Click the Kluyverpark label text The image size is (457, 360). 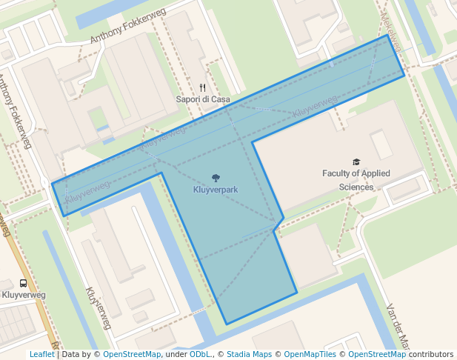pos(216,190)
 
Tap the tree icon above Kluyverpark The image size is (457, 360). pos(216,178)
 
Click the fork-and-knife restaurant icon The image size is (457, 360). pos(202,87)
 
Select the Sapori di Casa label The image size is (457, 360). pos(202,99)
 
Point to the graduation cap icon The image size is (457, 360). pos(356,161)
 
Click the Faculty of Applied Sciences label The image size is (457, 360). pos(356,180)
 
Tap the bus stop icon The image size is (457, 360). pos(24,283)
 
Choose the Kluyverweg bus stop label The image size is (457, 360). pos(24,295)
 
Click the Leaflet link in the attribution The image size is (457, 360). pos(41,354)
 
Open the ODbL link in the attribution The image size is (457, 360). pos(200,354)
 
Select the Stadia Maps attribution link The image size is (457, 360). pos(249,354)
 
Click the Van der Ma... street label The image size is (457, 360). pos(397,326)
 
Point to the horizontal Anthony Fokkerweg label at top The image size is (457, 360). pos(127,29)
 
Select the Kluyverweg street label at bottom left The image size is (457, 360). pos(99,308)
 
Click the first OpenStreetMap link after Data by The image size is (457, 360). pos(131,354)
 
